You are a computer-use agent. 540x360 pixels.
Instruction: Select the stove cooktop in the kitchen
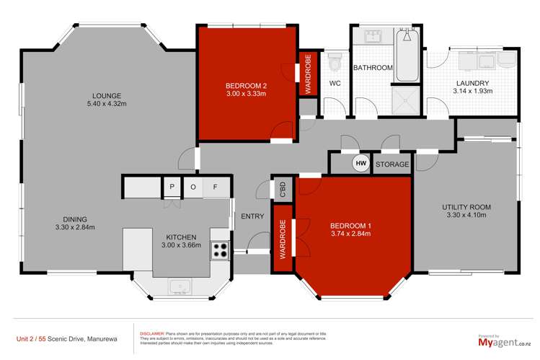(x=219, y=250)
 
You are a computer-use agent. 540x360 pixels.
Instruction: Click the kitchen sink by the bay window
(x=180, y=286)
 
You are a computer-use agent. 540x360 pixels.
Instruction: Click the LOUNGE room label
(x=106, y=96)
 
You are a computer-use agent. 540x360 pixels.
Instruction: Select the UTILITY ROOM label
(x=466, y=206)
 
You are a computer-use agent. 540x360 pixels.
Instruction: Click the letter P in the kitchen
(x=172, y=187)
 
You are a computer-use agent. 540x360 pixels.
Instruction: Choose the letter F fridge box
(x=215, y=187)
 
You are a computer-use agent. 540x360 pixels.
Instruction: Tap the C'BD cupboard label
(x=283, y=189)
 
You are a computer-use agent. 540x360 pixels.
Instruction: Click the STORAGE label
(x=393, y=164)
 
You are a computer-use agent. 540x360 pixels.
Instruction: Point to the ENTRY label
(x=253, y=216)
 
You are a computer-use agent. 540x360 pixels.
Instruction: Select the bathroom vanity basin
(x=373, y=36)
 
